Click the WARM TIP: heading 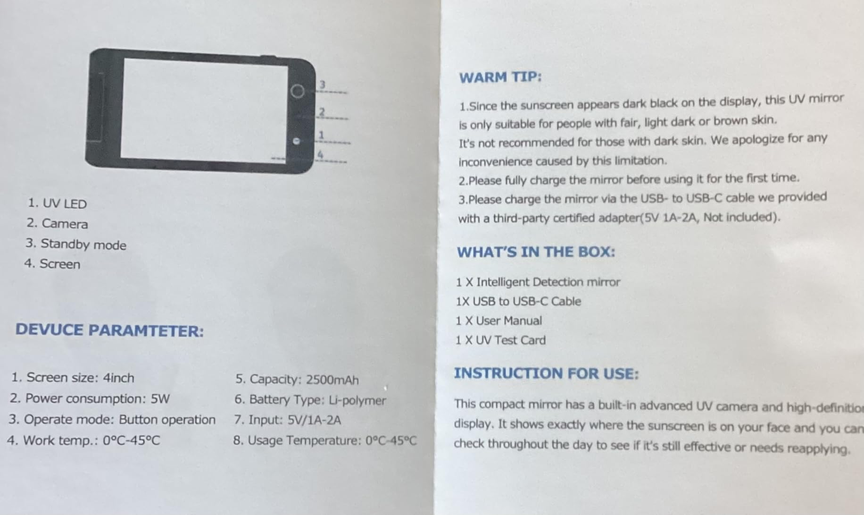[500, 77]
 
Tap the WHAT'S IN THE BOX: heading [536, 252]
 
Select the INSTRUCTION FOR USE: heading [546, 373]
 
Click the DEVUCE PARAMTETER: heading [109, 330]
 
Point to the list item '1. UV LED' [58, 203]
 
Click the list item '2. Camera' [57, 223]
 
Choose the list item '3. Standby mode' [76, 244]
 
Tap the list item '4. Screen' [52, 263]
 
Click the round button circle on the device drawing [297, 91]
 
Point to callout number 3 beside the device [323, 84]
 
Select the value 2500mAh [332, 380]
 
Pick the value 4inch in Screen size [118, 378]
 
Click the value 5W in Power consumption [160, 398]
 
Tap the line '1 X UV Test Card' [500, 340]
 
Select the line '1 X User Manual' [498, 321]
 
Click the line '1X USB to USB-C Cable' [518, 301]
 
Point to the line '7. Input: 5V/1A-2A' [287, 420]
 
